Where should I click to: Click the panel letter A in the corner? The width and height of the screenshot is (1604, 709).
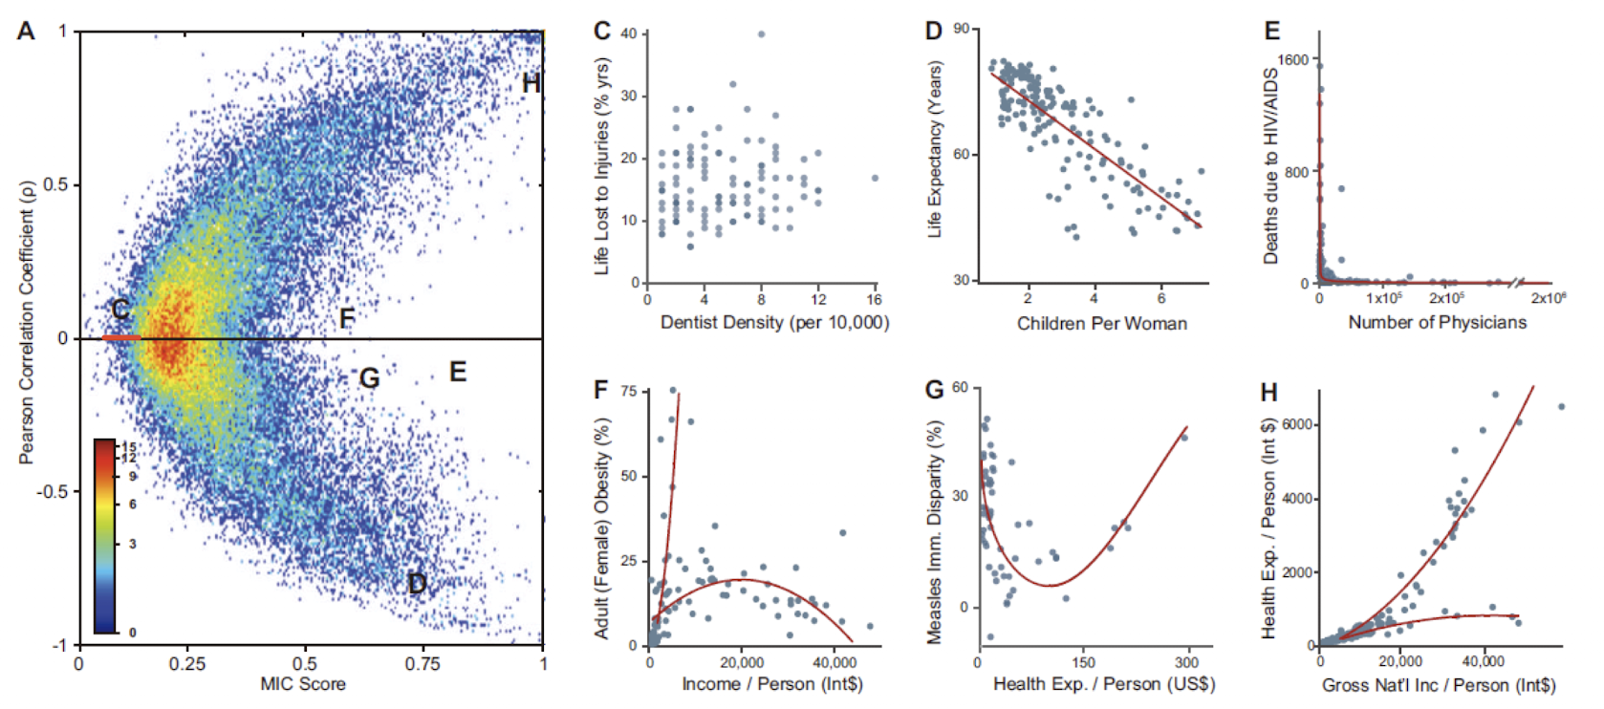point(26,31)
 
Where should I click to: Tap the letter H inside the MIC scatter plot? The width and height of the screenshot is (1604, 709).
point(531,84)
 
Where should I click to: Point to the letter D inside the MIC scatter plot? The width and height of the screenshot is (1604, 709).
point(417,583)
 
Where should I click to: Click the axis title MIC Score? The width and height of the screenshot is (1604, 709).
point(303,684)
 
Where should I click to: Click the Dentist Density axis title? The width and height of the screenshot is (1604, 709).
point(774,322)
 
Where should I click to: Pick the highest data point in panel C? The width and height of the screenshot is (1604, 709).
point(762,34)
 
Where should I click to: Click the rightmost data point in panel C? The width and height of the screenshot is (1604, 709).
point(875,178)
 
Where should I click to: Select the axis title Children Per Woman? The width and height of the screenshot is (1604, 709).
point(1101,323)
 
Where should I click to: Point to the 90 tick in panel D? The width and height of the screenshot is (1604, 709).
point(961,29)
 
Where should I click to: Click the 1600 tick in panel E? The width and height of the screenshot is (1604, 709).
point(1293,60)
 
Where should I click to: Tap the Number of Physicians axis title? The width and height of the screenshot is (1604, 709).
point(1437,322)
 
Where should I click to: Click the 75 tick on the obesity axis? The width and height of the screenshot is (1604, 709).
point(628,391)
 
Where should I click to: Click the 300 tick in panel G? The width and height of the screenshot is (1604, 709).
point(1186,662)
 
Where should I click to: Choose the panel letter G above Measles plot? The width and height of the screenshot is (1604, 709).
point(934,390)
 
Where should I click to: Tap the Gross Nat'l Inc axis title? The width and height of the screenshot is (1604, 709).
point(1438,685)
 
